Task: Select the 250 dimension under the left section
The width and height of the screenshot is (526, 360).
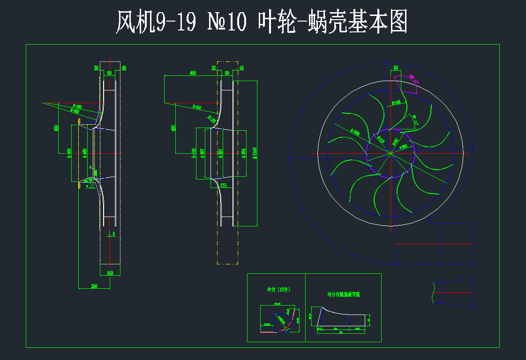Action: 94,286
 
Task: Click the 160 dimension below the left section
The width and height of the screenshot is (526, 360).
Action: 110,273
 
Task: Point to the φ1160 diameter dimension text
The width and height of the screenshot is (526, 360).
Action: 255,153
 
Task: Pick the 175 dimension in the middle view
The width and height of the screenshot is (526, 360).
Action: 223,186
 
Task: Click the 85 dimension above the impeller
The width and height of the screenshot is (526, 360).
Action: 396,68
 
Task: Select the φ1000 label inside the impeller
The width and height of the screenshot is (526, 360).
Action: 354,133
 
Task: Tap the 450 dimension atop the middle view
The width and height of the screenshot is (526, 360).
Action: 192,73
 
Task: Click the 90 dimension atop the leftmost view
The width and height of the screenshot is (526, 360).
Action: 109,73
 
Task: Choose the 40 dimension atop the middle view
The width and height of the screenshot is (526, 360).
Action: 242,68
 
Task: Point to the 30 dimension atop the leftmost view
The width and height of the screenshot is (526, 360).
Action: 96,68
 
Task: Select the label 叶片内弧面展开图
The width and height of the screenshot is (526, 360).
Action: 343,294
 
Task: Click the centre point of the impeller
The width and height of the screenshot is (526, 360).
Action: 390,153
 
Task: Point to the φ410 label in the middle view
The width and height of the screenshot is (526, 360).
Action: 194,153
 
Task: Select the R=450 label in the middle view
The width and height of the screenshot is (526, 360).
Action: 197,107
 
